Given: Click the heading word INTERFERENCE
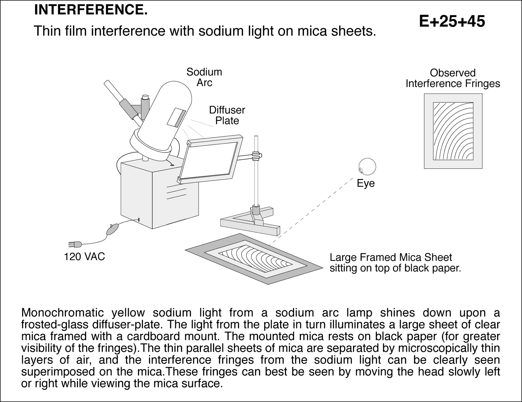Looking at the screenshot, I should (91, 10).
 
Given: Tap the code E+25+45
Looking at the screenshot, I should (452, 22).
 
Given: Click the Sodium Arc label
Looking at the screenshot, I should (204, 77).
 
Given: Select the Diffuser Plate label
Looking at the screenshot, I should (227, 115).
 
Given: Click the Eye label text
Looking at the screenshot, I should (366, 184).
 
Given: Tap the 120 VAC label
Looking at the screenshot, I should (84, 257).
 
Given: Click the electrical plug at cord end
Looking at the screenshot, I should (74, 244).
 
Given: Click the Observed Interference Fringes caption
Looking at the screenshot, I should (453, 78).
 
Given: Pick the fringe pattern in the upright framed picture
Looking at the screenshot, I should (453, 131).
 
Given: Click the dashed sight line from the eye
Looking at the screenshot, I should (313, 209).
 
